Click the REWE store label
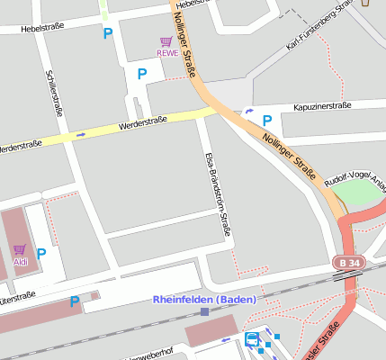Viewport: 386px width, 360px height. [167, 53]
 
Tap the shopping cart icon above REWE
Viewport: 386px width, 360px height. [166, 41]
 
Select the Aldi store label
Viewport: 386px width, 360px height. [19, 262]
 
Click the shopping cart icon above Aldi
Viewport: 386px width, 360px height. [19, 249]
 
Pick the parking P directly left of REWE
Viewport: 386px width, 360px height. [141, 74]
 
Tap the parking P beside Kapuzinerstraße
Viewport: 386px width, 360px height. [266, 120]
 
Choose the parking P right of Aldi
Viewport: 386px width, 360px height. [41, 254]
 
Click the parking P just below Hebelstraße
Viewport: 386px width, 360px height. [108, 34]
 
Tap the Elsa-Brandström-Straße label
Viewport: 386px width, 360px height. [217, 193]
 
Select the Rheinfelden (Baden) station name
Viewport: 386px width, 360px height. [204, 299]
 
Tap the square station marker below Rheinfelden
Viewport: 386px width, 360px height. [205, 311]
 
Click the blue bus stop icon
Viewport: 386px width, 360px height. [252, 339]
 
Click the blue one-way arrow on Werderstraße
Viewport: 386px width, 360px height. [80, 135]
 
